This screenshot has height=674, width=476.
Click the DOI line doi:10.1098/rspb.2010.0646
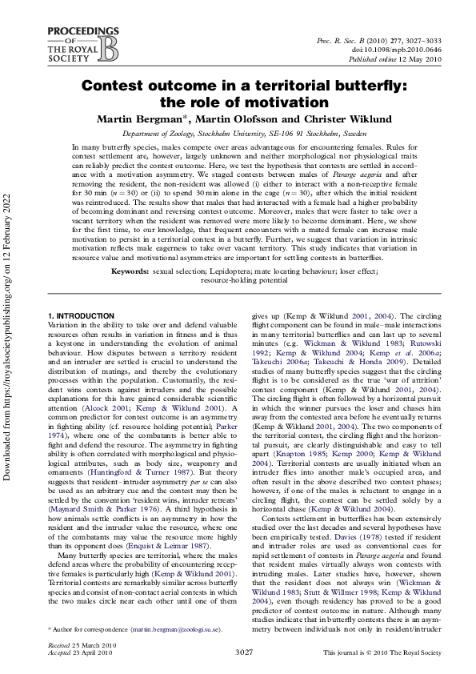397,49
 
